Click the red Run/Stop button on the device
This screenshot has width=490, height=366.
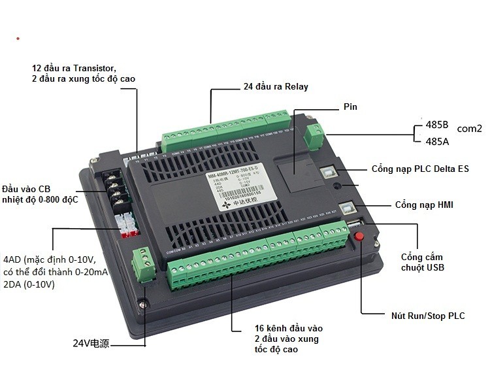(358, 238)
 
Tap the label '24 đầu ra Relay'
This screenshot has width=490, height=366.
(275, 86)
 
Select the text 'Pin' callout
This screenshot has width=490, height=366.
(350, 107)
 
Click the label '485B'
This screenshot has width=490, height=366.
(436, 124)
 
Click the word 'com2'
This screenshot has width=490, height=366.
(469, 129)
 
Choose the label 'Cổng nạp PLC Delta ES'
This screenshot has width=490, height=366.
(419, 169)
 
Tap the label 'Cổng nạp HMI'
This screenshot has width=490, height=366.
(423, 205)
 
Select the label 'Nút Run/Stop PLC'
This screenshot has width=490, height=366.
(424, 316)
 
